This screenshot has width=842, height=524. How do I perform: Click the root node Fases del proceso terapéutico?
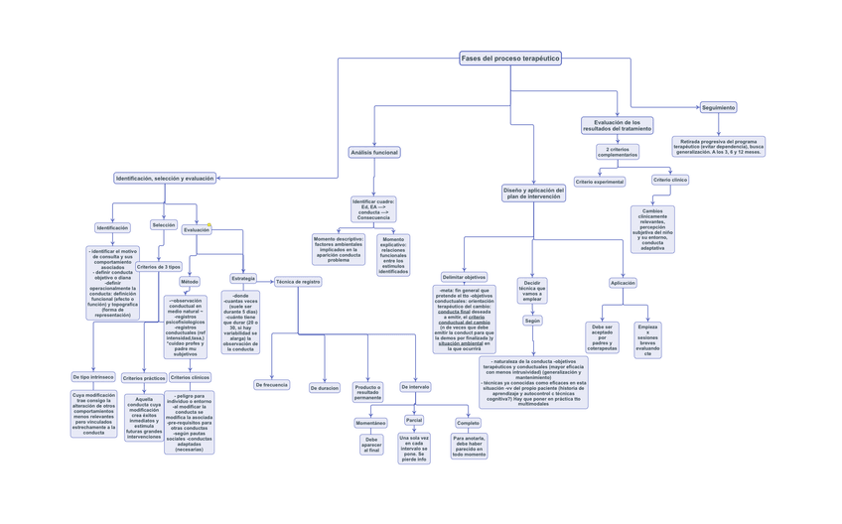510,59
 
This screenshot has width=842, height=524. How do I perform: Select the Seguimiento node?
718,107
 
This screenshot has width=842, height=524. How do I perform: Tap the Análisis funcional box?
374,153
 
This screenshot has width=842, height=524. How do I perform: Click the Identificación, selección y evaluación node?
165,179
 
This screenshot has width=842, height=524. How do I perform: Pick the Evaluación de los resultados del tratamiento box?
617,125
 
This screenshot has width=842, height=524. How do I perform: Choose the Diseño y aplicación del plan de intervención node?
533,193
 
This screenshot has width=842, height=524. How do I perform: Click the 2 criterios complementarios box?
617,152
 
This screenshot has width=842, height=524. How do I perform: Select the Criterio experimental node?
600,182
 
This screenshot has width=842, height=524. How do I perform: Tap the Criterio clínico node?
670,180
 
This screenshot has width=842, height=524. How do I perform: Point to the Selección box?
164,225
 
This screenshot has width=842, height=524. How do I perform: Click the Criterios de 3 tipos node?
159,267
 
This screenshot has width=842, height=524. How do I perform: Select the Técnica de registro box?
298,282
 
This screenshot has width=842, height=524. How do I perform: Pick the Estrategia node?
243,279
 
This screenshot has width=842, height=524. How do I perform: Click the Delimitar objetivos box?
464,277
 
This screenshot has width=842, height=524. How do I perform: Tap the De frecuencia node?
271,384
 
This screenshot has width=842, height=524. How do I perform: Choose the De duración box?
325,388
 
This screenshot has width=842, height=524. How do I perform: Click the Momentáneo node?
370,423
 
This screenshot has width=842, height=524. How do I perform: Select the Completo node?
468,423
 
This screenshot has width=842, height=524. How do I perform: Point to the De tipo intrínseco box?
93,377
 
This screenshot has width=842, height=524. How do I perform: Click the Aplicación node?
623,283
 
